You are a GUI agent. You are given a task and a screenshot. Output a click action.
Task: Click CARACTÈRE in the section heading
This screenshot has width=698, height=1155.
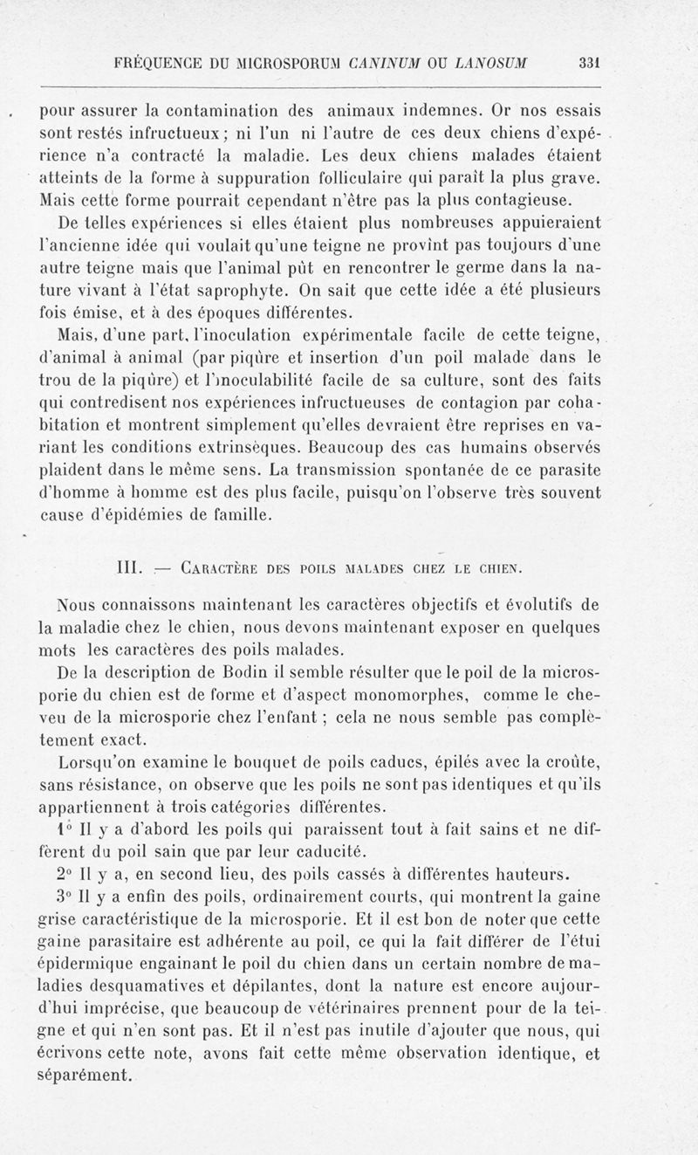click(x=222, y=572)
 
